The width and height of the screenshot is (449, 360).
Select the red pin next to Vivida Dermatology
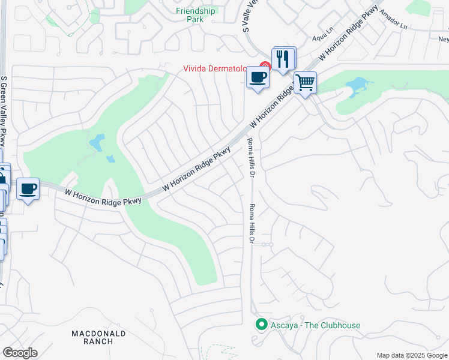tap(264, 67)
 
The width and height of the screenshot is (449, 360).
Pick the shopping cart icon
tap(305, 82)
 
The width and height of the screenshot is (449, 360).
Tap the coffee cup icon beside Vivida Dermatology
tap(258, 77)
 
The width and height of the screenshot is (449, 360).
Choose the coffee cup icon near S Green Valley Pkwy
tap(28, 189)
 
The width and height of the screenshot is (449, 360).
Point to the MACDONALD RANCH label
tap(98, 337)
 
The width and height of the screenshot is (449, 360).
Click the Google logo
tap(20, 353)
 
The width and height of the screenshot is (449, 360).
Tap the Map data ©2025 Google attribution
tap(411, 355)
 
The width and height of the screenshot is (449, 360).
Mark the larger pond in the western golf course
tap(96, 143)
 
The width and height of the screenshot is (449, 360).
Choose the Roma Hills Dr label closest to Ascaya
tap(252, 224)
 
